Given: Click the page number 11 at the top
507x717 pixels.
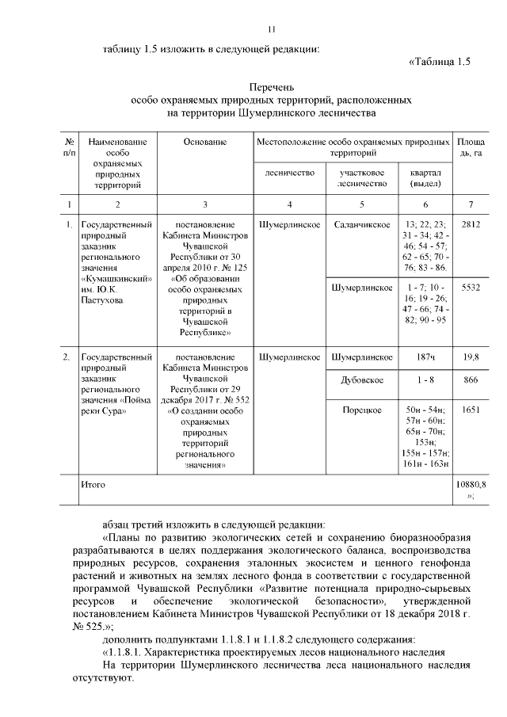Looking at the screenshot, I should (271, 30).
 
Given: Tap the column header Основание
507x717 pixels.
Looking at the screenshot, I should (204, 142).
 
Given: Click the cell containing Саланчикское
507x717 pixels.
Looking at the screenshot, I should (362, 225).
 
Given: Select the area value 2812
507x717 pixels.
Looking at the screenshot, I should (471, 225).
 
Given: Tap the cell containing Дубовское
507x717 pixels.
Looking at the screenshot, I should (362, 380).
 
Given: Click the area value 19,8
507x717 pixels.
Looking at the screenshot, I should (471, 357).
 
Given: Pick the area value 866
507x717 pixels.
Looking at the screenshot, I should (471, 380).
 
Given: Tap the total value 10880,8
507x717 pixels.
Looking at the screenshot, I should (471, 482).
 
